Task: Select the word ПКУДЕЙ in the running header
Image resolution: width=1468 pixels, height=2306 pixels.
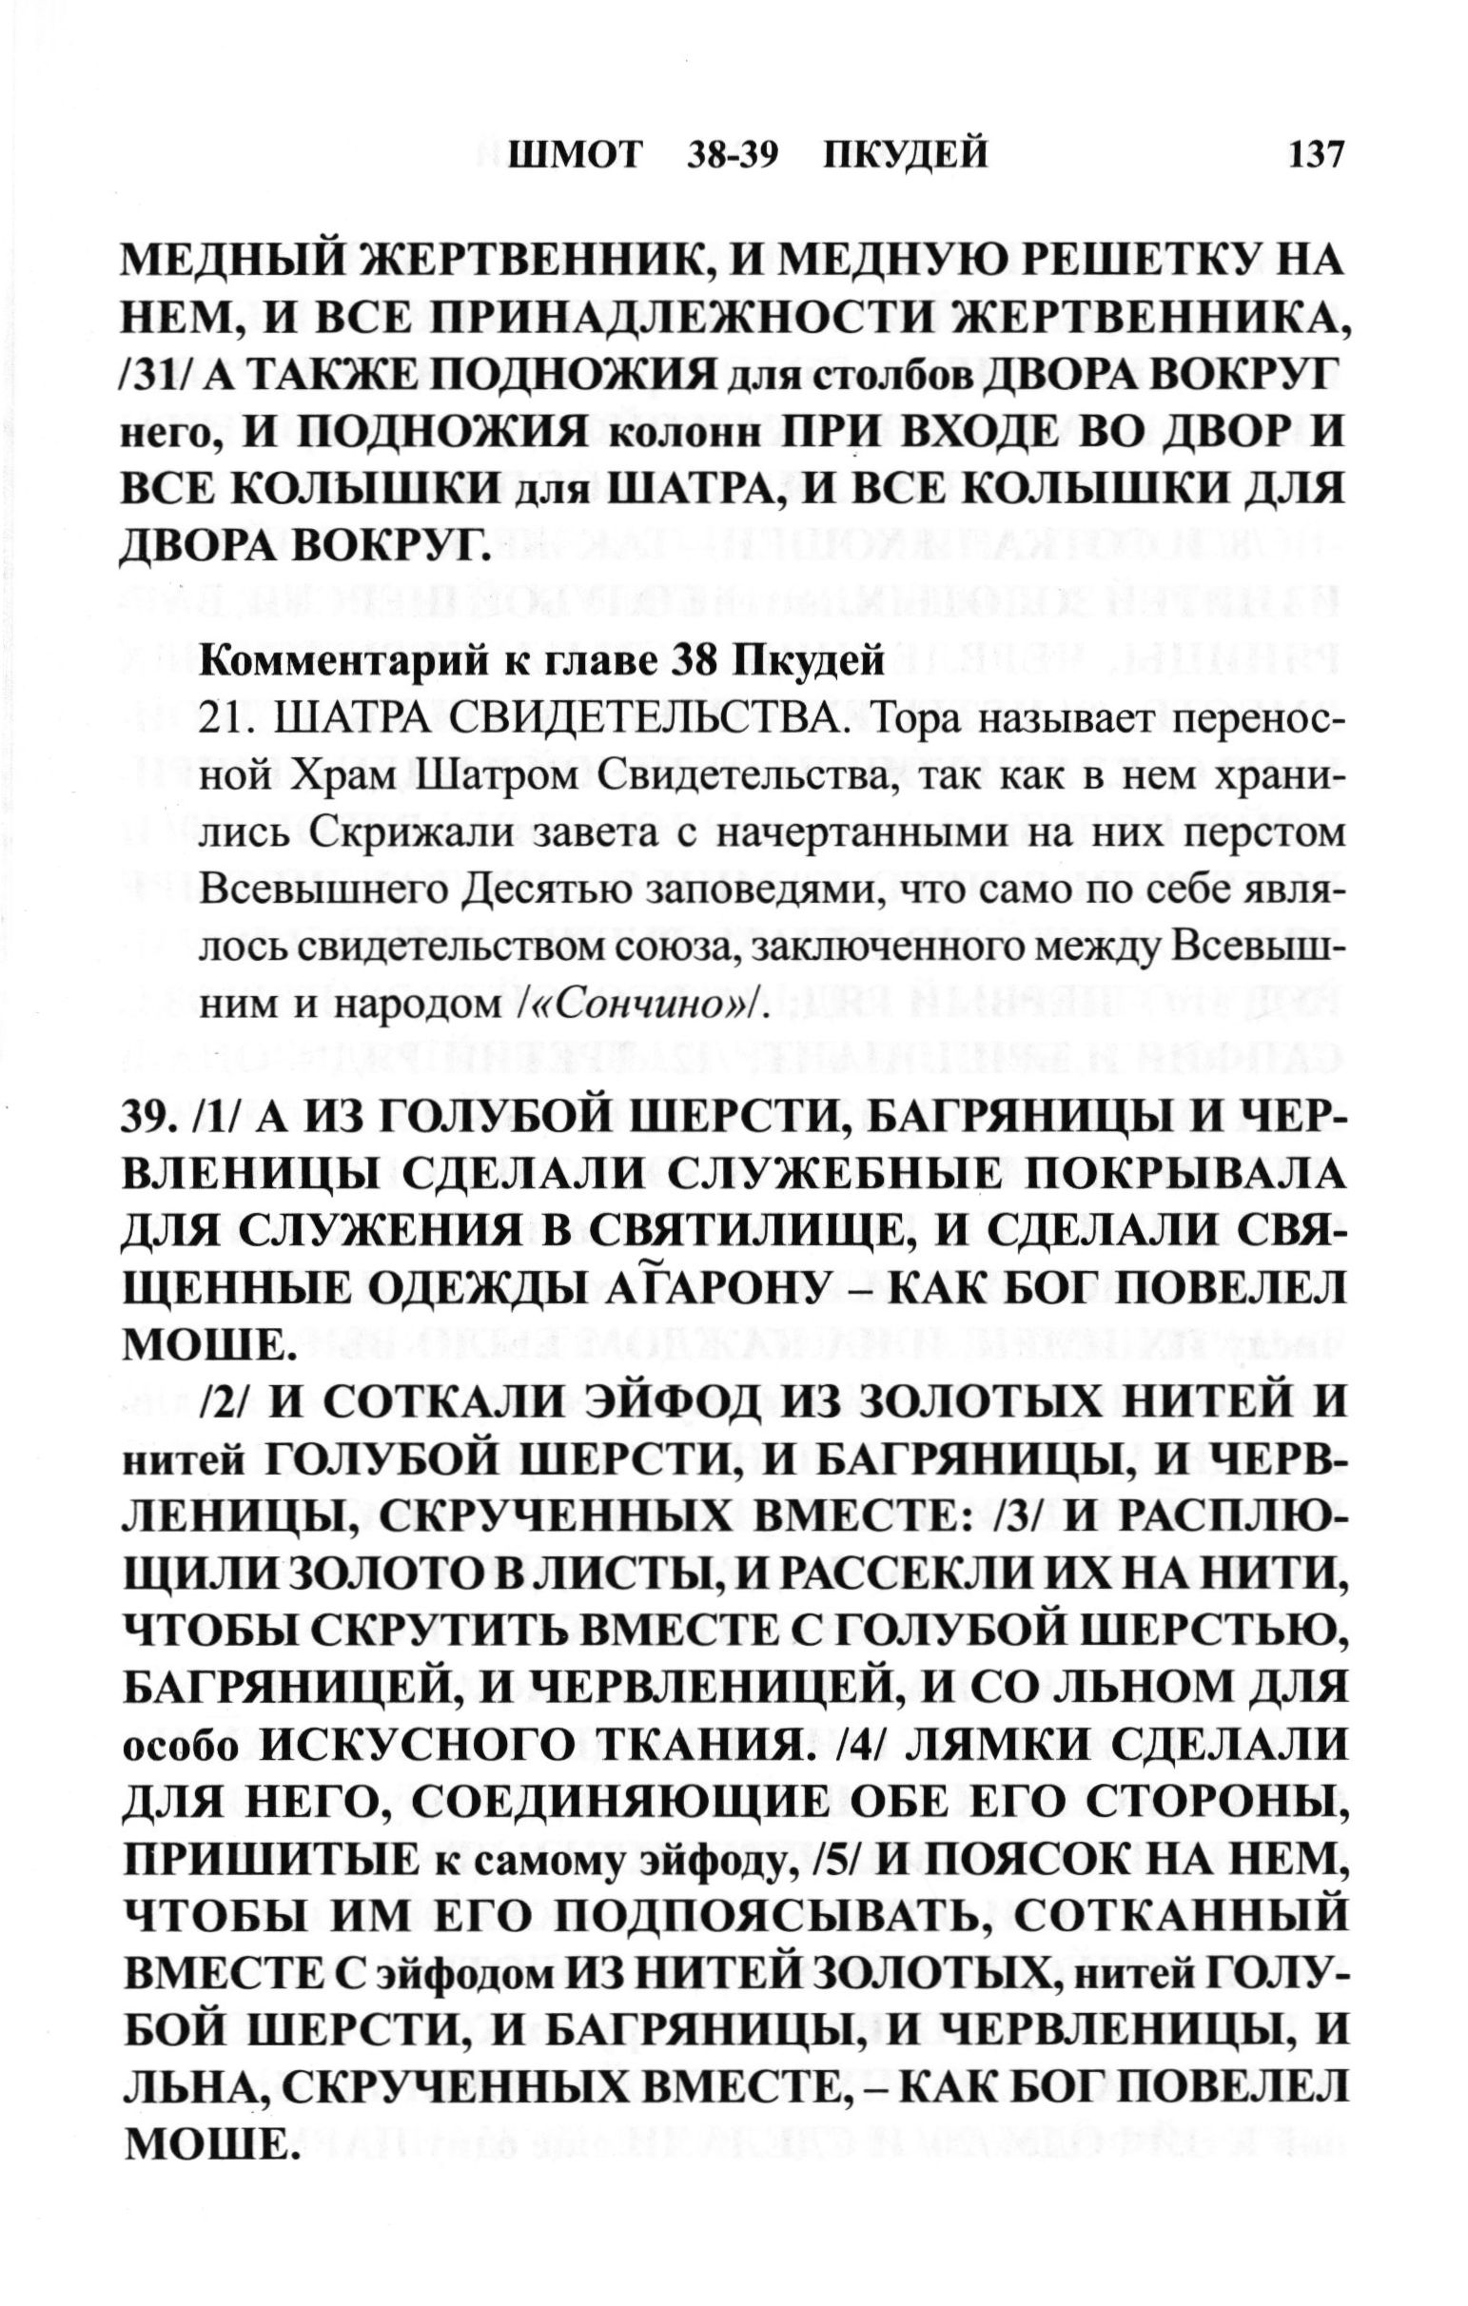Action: coord(906,154)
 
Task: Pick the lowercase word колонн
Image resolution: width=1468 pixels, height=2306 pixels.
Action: coord(686,438)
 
